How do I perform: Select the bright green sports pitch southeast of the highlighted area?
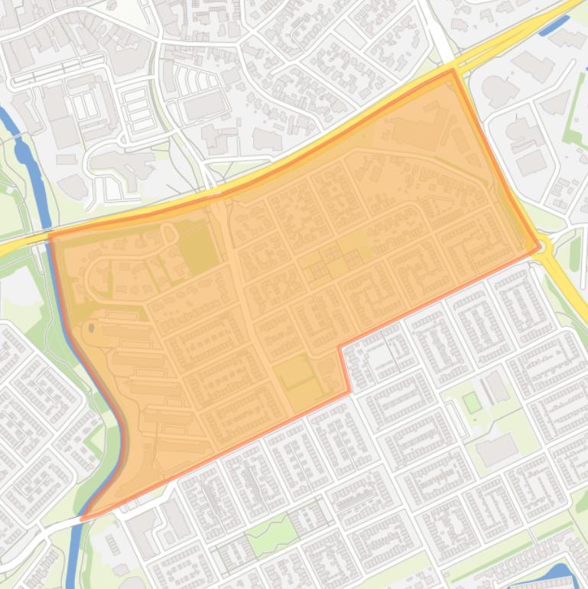pyautogui.click(x=472, y=402)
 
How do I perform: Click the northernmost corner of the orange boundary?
pyautogui.click(x=453, y=70)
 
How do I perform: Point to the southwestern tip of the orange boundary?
pyautogui.click(x=83, y=519)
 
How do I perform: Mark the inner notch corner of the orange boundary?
pyautogui.click(x=340, y=347)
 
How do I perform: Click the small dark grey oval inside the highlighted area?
pyautogui.click(x=92, y=328)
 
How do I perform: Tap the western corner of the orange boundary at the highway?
pyautogui.click(x=51, y=236)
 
